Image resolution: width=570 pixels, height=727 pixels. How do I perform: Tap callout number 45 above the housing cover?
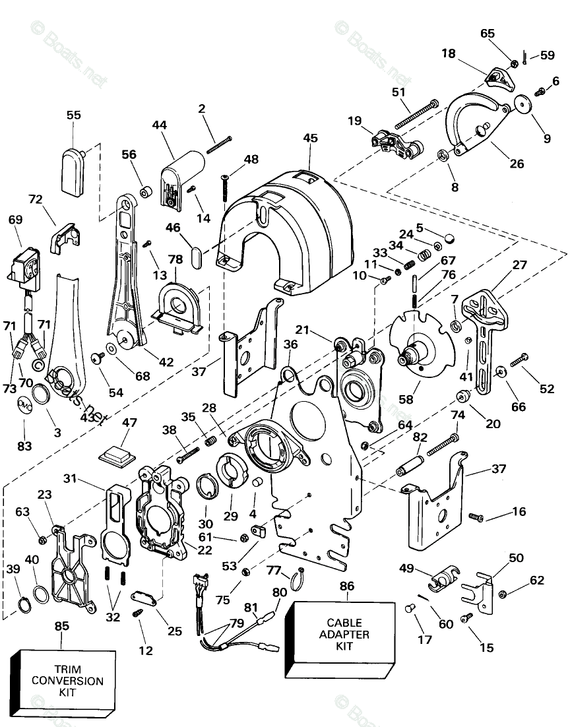coord(310,138)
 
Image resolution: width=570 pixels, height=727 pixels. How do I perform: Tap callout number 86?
coord(347,585)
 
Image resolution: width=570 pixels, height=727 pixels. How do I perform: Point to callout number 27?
coord(520,265)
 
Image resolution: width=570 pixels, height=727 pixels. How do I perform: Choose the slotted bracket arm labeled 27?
coord(488,336)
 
